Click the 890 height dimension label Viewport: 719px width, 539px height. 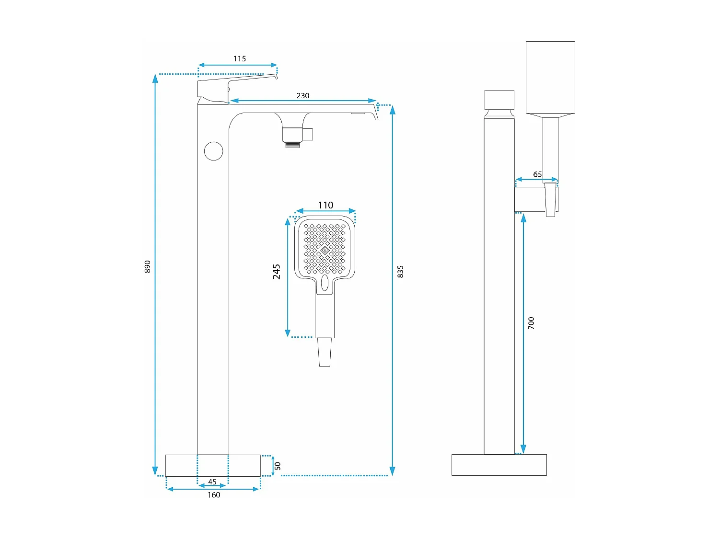(148, 267)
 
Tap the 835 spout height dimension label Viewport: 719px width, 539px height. (401, 272)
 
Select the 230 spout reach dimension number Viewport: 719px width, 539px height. (303, 96)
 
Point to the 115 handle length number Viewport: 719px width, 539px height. (240, 59)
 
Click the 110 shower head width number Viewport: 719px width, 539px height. (325, 205)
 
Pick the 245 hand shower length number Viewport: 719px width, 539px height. (277, 271)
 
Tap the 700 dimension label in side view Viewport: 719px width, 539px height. (531, 323)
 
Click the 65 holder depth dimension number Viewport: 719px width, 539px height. (537, 174)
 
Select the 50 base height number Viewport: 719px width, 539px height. (278, 466)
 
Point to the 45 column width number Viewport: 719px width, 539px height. (212, 482)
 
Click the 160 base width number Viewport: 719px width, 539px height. (214, 495)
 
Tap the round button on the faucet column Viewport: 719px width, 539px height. (214, 151)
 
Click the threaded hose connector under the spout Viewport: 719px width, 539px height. (293, 144)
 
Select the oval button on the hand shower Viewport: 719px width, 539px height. (325, 283)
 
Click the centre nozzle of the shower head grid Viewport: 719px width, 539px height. (325, 250)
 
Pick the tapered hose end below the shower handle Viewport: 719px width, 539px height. (325, 352)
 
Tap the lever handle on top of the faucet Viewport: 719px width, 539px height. (225, 86)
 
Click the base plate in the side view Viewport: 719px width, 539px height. (499, 465)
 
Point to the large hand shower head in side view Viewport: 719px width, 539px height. (550, 78)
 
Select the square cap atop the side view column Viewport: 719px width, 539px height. (499, 100)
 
